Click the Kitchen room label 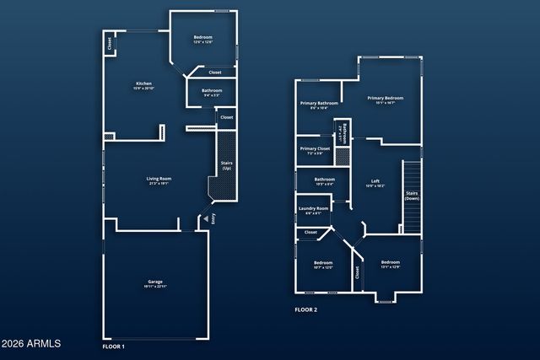(144, 85)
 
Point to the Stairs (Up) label (226, 166)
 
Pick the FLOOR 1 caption (113, 347)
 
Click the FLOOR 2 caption (305, 310)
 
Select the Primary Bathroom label (319, 105)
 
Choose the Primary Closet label (315, 150)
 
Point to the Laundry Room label (313, 211)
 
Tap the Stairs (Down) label (412, 196)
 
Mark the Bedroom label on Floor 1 (203, 39)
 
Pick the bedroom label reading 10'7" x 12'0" (323, 266)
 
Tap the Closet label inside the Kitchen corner (109, 42)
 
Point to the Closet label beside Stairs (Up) (226, 117)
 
